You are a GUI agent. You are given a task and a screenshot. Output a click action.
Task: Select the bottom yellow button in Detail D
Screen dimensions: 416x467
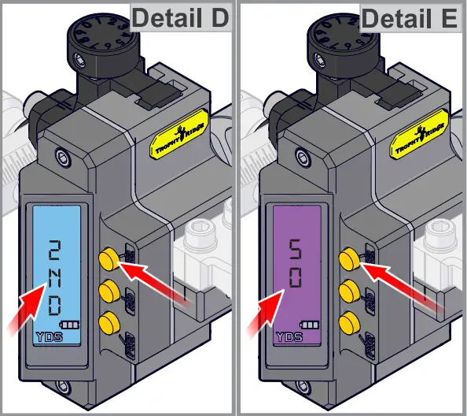(108, 321)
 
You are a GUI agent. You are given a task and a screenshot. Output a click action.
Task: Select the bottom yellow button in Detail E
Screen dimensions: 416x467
(346, 321)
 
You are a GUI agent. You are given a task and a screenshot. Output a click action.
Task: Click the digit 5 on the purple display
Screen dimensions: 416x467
(293, 251)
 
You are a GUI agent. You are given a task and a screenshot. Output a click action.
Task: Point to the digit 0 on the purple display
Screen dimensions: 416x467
(293, 278)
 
